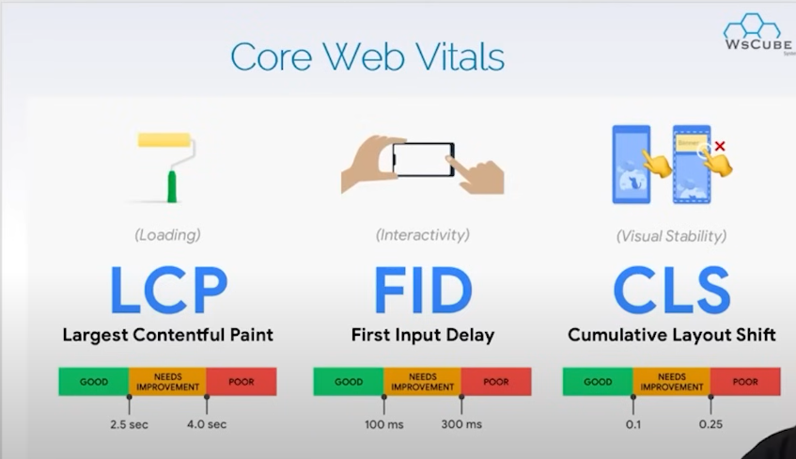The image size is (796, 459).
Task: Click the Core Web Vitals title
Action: click(367, 56)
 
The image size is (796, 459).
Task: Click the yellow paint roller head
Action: click(164, 140)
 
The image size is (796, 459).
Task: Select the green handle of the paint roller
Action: click(172, 186)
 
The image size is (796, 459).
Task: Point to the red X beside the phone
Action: click(719, 147)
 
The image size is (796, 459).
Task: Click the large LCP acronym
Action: click(168, 290)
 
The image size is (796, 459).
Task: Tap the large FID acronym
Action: click(423, 290)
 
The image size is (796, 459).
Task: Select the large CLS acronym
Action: click(672, 290)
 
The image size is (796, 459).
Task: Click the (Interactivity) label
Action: click(422, 235)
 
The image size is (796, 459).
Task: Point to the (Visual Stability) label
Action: click(671, 236)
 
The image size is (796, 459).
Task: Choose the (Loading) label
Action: click(167, 235)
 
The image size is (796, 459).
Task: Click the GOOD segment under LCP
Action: click(94, 382)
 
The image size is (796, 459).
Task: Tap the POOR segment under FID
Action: click(496, 382)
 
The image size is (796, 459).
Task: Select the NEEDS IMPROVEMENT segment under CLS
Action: click(672, 382)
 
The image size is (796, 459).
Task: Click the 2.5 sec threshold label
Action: click(129, 424)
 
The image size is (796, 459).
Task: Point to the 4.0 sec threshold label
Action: click(207, 424)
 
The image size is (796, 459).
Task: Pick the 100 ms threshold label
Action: click(383, 424)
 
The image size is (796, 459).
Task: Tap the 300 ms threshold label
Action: click(461, 424)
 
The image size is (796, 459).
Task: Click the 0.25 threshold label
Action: click(710, 424)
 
